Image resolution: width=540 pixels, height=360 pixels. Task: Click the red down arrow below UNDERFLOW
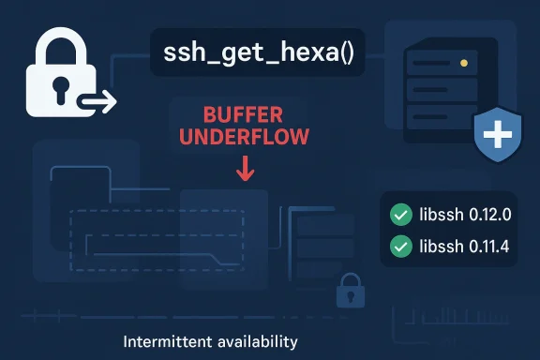coord(247,170)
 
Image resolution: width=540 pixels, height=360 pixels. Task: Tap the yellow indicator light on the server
coord(463,64)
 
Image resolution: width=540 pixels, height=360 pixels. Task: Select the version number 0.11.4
coord(483,247)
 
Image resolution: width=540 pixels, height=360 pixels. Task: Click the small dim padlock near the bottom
coord(351,288)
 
